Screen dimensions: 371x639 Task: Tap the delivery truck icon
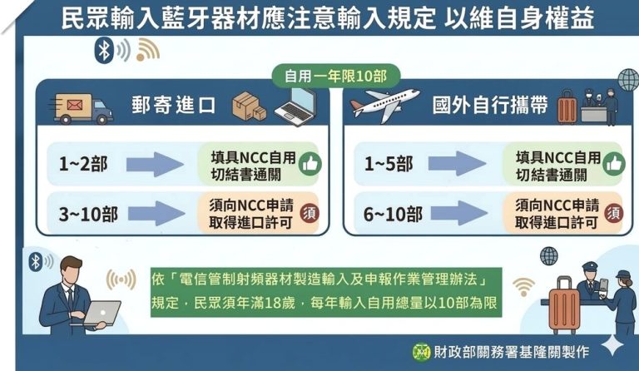click(x=82, y=107)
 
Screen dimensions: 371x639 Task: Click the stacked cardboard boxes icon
click(x=249, y=106)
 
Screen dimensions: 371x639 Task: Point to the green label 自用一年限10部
click(x=335, y=77)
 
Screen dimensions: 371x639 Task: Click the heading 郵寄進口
click(x=173, y=107)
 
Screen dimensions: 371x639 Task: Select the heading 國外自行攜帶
click(x=490, y=106)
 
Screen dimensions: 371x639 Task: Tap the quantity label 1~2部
click(x=82, y=165)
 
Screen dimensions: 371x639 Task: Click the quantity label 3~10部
click(x=88, y=214)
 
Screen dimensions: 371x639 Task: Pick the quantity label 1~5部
click(x=389, y=165)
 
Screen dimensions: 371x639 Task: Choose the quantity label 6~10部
click(x=394, y=214)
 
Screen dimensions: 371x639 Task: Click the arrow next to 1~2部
click(x=156, y=165)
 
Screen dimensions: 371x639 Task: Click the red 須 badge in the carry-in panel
click(x=613, y=213)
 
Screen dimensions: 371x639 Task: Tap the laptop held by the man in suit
click(x=102, y=313)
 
